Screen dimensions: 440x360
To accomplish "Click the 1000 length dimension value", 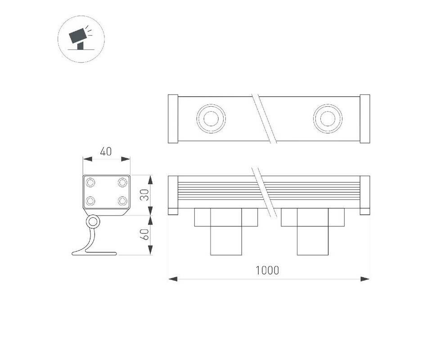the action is (x=267, y=270).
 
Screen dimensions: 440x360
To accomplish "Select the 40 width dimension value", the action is (x=106, y=152).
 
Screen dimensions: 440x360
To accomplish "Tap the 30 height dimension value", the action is (x=144, y=195).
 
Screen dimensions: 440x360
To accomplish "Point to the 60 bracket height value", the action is (x=144, y=234).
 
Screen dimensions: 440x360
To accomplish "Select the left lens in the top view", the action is (x=211, y=119).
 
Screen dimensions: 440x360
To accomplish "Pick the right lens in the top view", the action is (x=328, y=119).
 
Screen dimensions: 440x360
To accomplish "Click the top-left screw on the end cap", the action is (x=90, y=183).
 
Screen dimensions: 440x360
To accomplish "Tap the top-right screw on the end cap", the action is (x=122, y=183).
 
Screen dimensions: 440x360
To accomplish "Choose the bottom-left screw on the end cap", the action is (x=90, y=201).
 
